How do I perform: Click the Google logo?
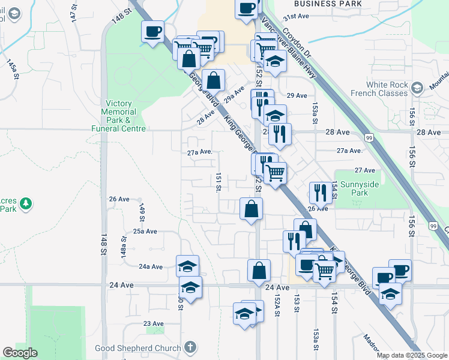(20, 353)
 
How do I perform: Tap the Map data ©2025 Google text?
(412, 355)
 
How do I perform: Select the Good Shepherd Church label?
(137, 348)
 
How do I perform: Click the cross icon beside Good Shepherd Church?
(190, 347)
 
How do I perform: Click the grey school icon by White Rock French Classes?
(416, 89)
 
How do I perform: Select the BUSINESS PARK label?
(328, 4)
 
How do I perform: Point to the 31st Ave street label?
(298, 17)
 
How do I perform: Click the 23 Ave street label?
(154, 324)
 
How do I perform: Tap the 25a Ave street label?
(145, 231)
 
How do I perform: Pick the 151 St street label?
(218, 182)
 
